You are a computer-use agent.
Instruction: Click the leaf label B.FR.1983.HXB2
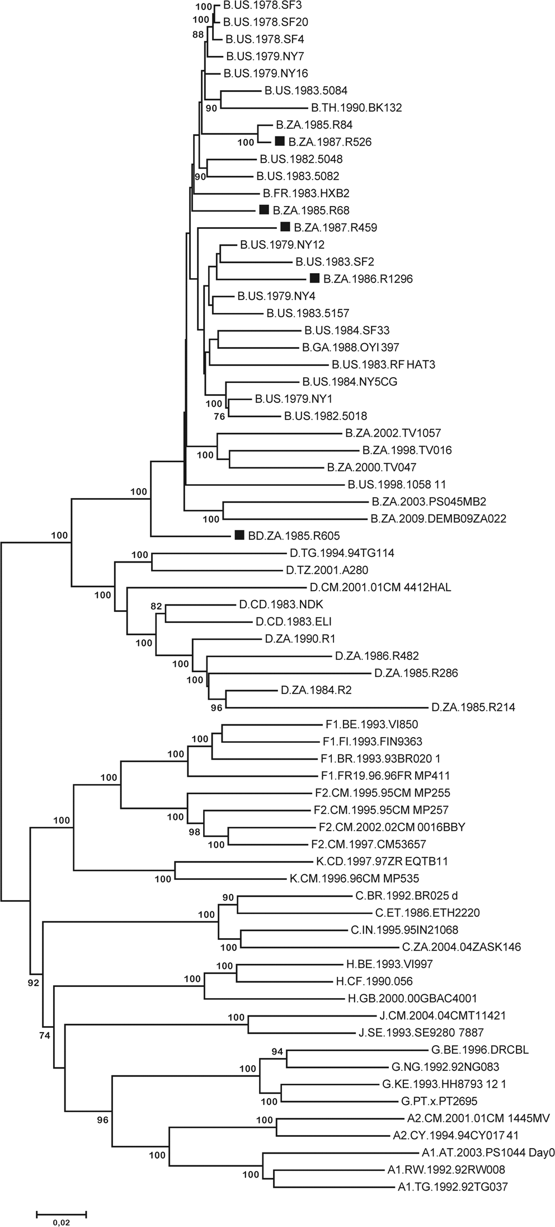point(298,193)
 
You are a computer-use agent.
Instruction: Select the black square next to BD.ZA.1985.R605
point(239,535)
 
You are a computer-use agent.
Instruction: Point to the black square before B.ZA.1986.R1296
point(314,278)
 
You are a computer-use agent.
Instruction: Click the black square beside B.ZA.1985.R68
point(265,210)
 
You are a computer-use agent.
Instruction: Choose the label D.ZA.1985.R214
point(473,708)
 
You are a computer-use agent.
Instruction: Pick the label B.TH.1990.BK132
point(356,107)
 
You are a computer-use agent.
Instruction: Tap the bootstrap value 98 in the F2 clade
point(194,832)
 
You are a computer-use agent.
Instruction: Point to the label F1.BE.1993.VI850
point(370,724)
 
